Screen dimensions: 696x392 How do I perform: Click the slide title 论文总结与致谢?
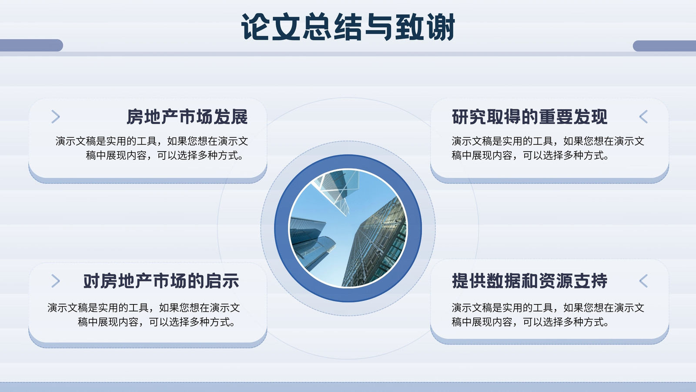(x=348, y=27)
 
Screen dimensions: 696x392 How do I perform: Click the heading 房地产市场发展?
(x=187, y=117)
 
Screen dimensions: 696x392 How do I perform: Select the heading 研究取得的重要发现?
(x=529, y=117)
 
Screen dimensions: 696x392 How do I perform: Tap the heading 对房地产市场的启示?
(x=161, y=281)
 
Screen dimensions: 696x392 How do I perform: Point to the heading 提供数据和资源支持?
(x=529, y=281)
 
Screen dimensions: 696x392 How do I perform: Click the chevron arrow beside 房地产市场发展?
(x=56, y=117)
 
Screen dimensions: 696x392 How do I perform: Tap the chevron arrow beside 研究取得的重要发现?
(x=643, y=117)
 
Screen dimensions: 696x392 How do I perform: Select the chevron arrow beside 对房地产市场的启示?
(x=56, y=281)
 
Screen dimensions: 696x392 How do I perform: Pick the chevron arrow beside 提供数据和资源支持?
(x=643, y=281)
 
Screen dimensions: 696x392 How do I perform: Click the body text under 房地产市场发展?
(x=152, y=148)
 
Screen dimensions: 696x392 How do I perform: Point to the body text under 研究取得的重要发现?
(x=548, y=148)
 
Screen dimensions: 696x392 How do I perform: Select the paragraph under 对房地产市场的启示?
(x=144, y=315)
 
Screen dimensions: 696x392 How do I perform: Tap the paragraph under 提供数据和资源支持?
(x=548, y=315)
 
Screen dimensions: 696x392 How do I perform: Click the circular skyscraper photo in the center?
(x=348, y=228)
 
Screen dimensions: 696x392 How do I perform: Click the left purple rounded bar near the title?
(x=31, y=45)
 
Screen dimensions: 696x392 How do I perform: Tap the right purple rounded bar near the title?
(x=664, y=46)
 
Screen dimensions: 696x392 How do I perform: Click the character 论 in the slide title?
(x=255, y=27)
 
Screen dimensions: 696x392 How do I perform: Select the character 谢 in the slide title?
(x=441, y=27)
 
